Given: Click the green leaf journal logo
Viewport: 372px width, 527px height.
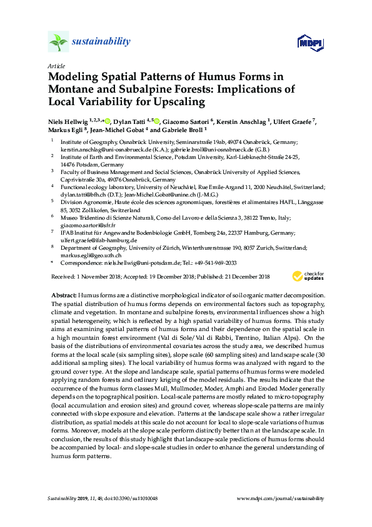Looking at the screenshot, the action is coord(58,42).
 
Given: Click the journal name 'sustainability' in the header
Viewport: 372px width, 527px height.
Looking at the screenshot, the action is coord(102,42).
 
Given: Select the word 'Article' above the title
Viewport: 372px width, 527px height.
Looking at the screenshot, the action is coord(56,66).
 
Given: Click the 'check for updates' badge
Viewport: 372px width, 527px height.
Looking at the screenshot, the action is coord(308,275).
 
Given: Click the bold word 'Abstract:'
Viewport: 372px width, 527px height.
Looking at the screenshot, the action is coord(64,294).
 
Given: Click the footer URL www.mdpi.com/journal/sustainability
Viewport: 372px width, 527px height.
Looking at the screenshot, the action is coord(281,498).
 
